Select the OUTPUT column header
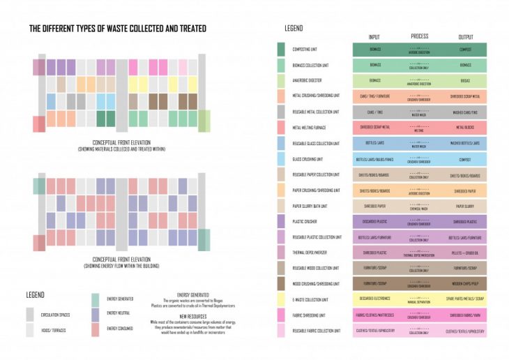[x=465, y=37]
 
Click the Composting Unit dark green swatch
[x=281, y=50]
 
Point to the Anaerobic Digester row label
[x=308, y=80]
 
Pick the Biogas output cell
[x=465, y=80]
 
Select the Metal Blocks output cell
[x=465, y=128]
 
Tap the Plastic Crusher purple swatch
[x=281, y=222]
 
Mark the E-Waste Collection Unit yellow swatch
[x=281, y=300]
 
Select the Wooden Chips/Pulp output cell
[x=465, y=284]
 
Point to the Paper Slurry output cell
[x=465, y=206]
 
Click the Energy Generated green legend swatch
[x=96, y=299]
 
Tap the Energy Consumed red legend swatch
[x=96, y=329]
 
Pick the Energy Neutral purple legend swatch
[x=96, y=314]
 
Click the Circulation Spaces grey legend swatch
[x=31, y=314]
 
